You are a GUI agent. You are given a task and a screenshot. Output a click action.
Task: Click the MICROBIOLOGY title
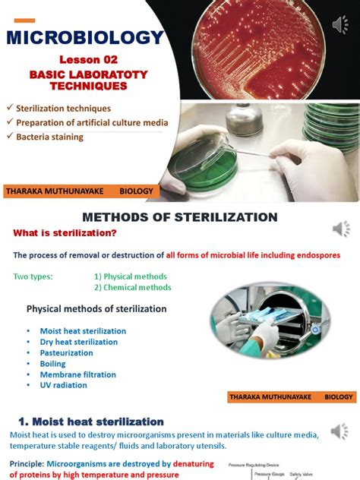pos(84,37)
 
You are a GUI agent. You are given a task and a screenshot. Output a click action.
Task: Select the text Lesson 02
pos(85,60)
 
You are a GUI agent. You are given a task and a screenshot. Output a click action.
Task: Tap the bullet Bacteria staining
pos(49,137)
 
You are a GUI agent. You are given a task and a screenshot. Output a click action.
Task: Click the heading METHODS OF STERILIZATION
pos(179,218)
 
